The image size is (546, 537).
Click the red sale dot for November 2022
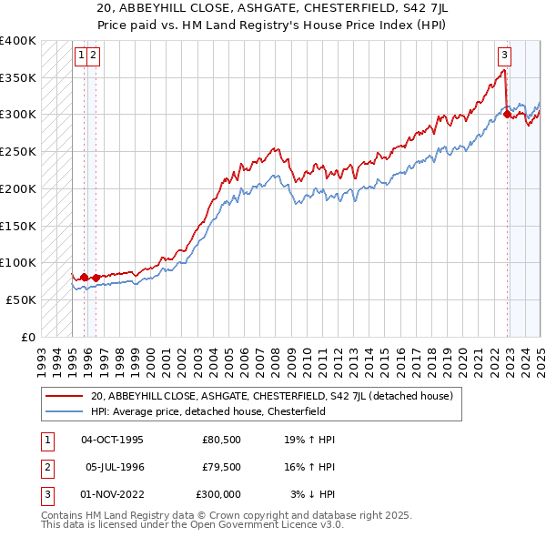click(507, 114)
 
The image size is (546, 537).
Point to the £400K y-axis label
click(17, 41)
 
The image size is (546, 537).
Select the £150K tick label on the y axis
click(17, 225)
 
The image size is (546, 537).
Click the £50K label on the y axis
click(21, 299)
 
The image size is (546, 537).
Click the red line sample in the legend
click(64, 396)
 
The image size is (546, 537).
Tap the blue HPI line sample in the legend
click(64, 410)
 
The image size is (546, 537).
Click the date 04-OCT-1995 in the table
click(113, 440)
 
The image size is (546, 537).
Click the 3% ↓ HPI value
click(312, 494)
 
